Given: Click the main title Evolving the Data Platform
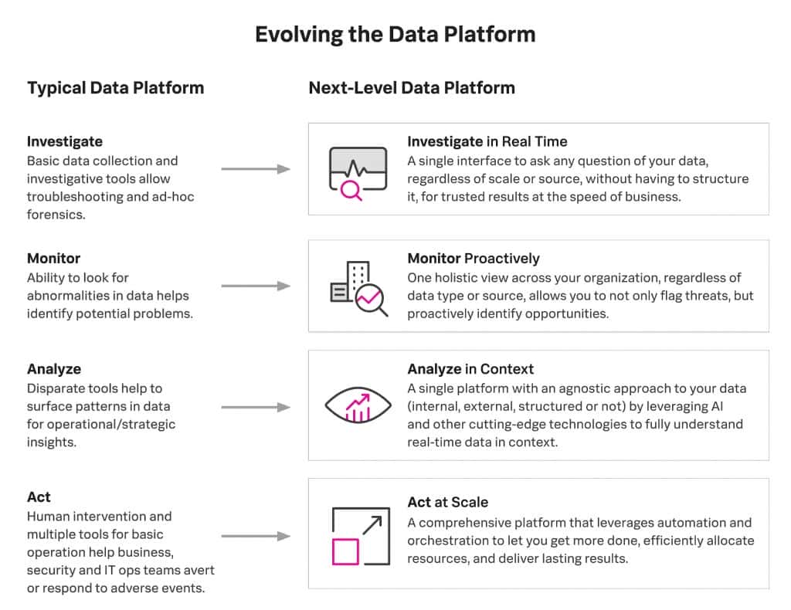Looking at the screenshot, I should [x=395, y=35].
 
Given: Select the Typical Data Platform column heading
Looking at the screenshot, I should [x=116, y=88].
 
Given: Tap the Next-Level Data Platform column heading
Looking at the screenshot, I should [x=412, y=88].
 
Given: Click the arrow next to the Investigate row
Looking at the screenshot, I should [x=256, y=168].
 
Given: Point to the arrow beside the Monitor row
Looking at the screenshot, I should [x=256, y=286].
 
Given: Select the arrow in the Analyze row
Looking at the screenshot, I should [x=256, y=406].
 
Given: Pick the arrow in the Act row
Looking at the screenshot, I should [x=256, y=535].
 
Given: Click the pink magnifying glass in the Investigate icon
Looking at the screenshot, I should [x=351, y=189].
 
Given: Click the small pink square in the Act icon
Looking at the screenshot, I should [x=345, y=551].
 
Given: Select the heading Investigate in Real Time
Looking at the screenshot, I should [x=487, y=141].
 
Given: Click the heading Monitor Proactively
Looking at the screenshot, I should [x=474, y=259].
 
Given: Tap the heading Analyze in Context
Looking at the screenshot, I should [x=470, y=369].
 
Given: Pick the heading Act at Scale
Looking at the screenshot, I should [x=448, y=503].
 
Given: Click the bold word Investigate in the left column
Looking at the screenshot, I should [x=65, y=141].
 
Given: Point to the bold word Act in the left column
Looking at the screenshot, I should [x=39, y=497].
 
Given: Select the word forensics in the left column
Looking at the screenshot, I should [x=56, y=215].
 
